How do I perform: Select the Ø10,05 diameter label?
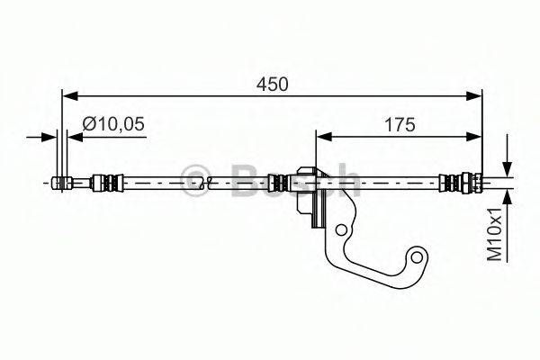point(113,125)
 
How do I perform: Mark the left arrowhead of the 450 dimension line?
point(67,94)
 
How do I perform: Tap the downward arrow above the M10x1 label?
point(508,170)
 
